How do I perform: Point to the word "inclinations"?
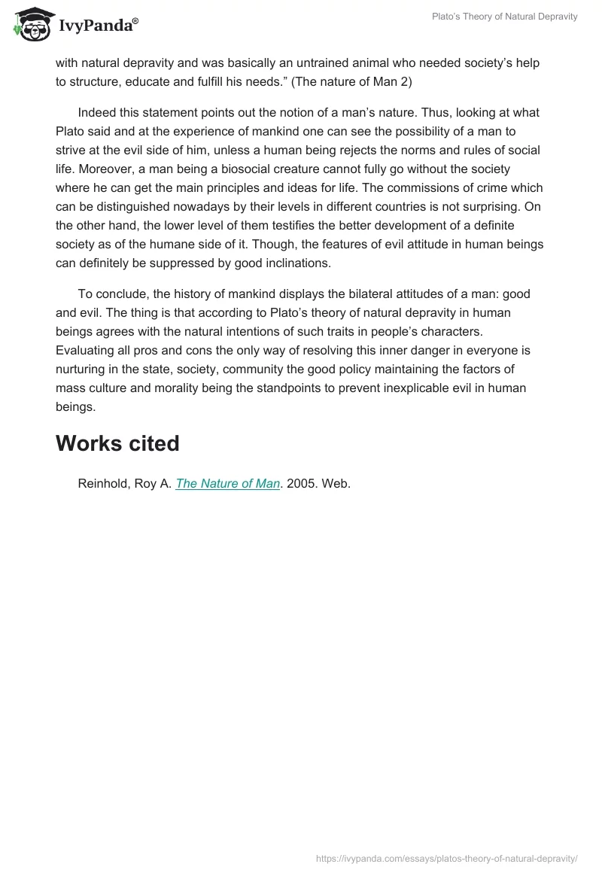305,263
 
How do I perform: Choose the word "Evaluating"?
85,351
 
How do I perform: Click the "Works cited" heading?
117,444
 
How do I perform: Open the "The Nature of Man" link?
227,484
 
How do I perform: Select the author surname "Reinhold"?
105,484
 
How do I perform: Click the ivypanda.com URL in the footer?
447,857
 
